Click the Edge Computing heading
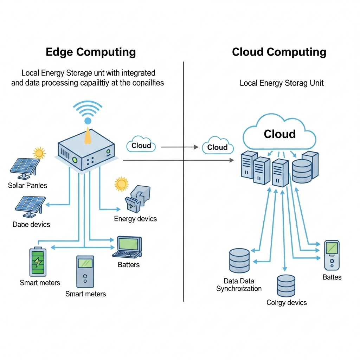pos(91,52)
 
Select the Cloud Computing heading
pos(279,52)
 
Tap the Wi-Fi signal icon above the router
pos(88,112)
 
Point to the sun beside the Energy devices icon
pos(122,184)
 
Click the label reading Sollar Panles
pos(27,185)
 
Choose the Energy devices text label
pos(135,219)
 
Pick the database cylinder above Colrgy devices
pos(286,285)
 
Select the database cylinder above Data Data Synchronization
pos(239,261)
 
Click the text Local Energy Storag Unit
pos(282,83)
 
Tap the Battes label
pos(332,277)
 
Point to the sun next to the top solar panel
pos(39,153)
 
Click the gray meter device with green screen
pos(85,271)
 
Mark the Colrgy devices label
pos(287,302)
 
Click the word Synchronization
pos(239,289)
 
